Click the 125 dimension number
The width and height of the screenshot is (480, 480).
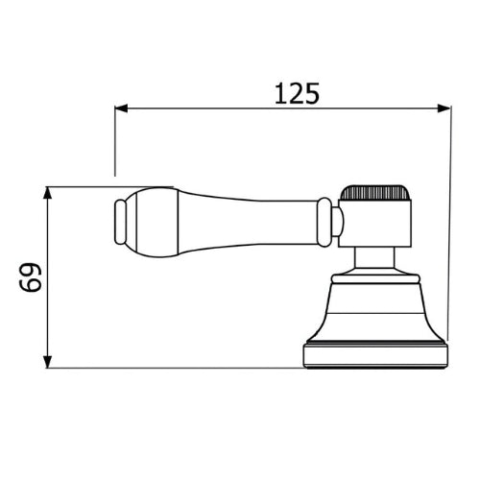point(298,93)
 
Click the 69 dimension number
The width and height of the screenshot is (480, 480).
point(31,277)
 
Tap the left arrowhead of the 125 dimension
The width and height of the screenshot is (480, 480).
point(121,108)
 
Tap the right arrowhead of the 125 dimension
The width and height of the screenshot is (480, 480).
point(444,108)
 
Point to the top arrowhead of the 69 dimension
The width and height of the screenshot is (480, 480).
point(47,194)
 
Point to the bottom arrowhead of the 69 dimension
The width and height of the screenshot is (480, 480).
point(47,361)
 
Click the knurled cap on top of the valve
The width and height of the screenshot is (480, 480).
point(374,192)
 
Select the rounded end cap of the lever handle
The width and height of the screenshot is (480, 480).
point(120,222)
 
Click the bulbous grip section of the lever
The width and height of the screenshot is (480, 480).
point(153,222)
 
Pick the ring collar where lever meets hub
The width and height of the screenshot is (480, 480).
point(324,222)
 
